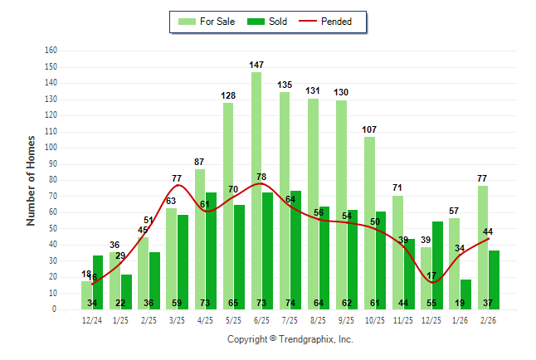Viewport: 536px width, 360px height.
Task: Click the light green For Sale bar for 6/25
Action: pyautogui.click(x=256, y=191)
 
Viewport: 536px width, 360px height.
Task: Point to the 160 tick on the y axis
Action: pyautogui.click(x=51, y=51)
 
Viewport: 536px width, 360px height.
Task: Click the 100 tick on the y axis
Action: pyautogui.click(x=51, y=148)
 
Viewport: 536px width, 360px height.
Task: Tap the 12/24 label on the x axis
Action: pyautogui.click(x=92, y=319)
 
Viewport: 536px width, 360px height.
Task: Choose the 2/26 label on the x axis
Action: pyautogui.click(x=488, y=319)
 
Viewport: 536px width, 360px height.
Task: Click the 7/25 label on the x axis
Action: pyautogui.click(x=290, y=319)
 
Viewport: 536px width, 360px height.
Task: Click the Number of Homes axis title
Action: pyautogui.click(x=32, y=180)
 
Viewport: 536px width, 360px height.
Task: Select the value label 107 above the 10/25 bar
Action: pyautogui.click(x=369, y=129)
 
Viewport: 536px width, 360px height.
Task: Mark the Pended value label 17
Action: pyautogui.click(x=431, y=275)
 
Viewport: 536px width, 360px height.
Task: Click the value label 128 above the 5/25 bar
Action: pyautogui.click(x=228, y=95)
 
